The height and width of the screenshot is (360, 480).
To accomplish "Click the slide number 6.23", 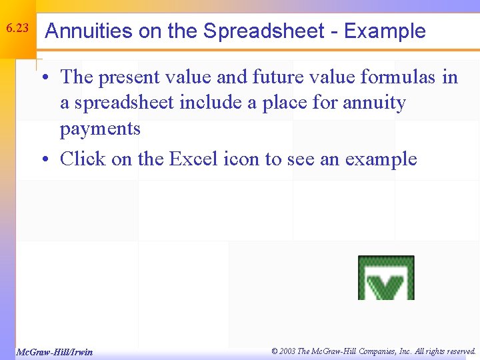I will (x=17, y=29).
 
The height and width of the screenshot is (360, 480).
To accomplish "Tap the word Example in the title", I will (x=385, y=31).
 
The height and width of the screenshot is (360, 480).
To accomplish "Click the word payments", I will (x=100, y=129).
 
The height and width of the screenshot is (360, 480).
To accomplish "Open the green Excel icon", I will (x=386, y=277).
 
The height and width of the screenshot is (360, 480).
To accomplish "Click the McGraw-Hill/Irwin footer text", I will (x=55, y=351).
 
